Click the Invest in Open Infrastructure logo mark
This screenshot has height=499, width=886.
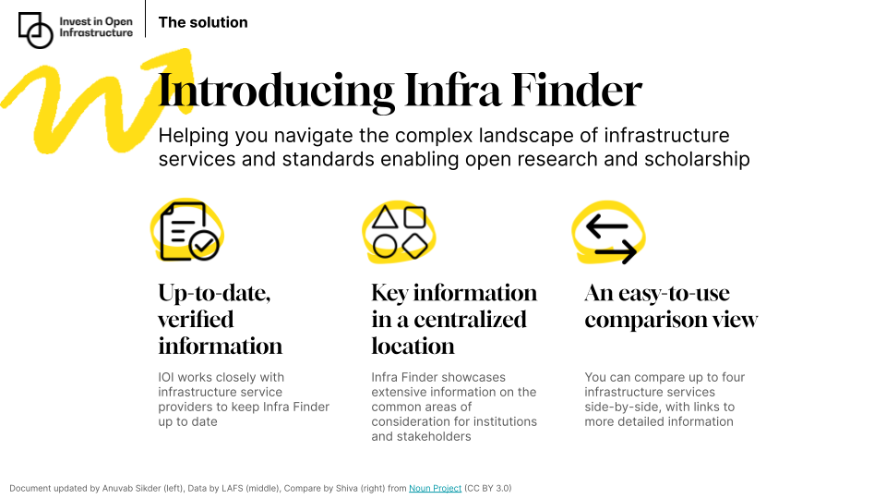click(36, 30)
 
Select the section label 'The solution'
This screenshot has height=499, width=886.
click(203, 22)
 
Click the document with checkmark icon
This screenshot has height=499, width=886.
click(188, 232)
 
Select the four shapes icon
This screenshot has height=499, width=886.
click(399, 232)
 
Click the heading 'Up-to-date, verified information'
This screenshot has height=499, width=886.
click(221, 320)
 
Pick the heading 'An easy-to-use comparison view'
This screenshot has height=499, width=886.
click(671, 307)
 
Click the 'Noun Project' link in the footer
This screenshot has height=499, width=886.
click(435, 488)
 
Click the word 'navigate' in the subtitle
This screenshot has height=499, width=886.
click(313, 136)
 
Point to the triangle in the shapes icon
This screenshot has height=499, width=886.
click(385, 218)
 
